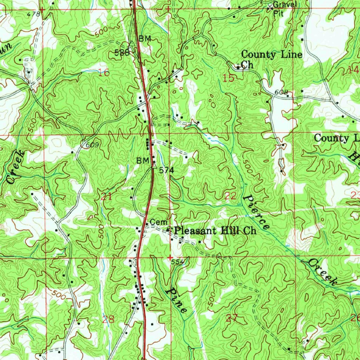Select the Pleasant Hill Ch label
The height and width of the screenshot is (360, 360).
click(216, 231)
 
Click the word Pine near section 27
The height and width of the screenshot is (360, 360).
click(177, 300)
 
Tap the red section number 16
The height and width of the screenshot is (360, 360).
click(104, 73)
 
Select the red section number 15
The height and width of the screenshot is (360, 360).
click(229, 78)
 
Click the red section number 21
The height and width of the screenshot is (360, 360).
click(106, 197)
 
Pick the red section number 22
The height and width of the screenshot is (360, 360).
click(230, 196)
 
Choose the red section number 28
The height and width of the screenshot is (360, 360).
click(108, 319)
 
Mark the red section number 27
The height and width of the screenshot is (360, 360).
click(232, 319)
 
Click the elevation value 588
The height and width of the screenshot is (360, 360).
click(122, 53)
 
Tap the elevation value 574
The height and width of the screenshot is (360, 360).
click(167, 171)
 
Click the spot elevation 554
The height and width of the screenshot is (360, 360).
click(178, 262)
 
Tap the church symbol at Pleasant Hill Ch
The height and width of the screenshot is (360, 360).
click(168, 230)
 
